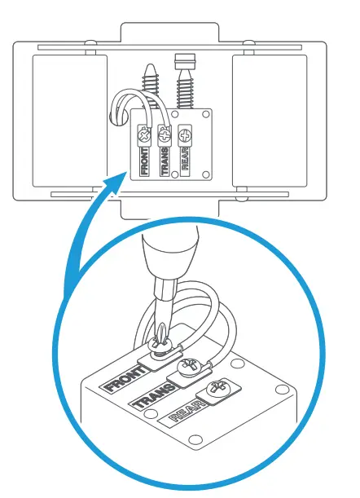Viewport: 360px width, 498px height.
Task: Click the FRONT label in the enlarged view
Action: pyautogui.click(x=121, y=381)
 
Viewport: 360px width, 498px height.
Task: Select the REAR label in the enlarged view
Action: pyautogui.click(x=186, y=416)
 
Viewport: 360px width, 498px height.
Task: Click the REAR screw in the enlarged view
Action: pyautogui.click(x=219, y=392)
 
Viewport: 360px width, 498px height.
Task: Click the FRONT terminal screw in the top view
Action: pyautogui.click(x=145, y=130)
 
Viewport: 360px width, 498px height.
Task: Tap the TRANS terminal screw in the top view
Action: pyautogui.click(x=165, y=130)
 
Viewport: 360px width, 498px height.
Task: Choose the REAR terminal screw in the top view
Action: pyautogui.click(x=186, y=131)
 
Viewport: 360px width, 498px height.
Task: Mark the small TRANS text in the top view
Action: pyautogui.click(x=165, y=161)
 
